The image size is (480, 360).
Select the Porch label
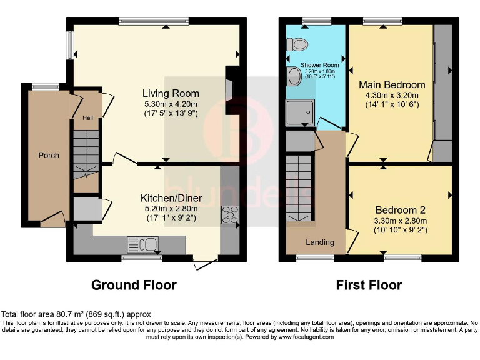coord(49,155)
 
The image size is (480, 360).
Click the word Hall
coord(87,117)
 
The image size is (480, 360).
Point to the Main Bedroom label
coord(391,84)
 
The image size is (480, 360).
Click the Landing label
coord(319,242)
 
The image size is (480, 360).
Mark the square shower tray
coord(300,113)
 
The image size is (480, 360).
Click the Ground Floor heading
coord(134,285)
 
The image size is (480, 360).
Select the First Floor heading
coord(369,285)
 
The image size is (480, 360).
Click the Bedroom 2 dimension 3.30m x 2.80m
coord(401,221)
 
